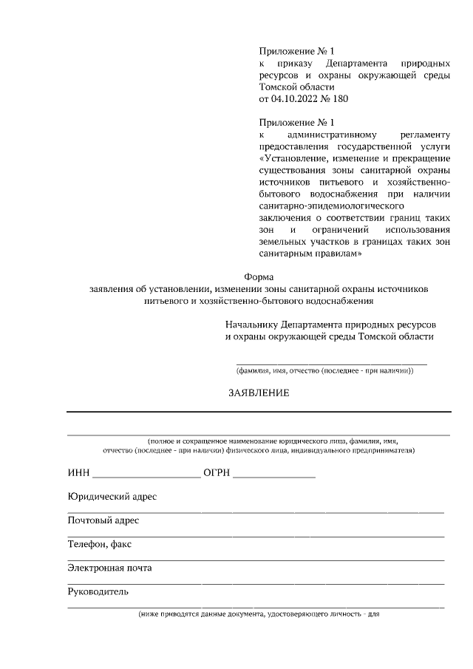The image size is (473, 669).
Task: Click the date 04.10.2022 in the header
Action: tap(296, 98)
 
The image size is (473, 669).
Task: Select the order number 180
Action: tap(340, 98)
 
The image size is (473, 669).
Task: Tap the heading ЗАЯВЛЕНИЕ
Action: tap(258, 393)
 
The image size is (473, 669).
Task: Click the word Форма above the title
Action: tap(258, 276)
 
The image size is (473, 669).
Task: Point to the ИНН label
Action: tap(78, 473)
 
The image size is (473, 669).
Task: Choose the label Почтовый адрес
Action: tap(103, 520)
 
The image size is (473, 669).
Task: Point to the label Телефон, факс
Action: tap(99, 545)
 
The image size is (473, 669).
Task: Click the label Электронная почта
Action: tap(109, 568)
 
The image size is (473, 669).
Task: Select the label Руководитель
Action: tap(98, 592)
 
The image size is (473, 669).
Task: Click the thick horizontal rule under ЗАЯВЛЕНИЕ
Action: tap(258, 411)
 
